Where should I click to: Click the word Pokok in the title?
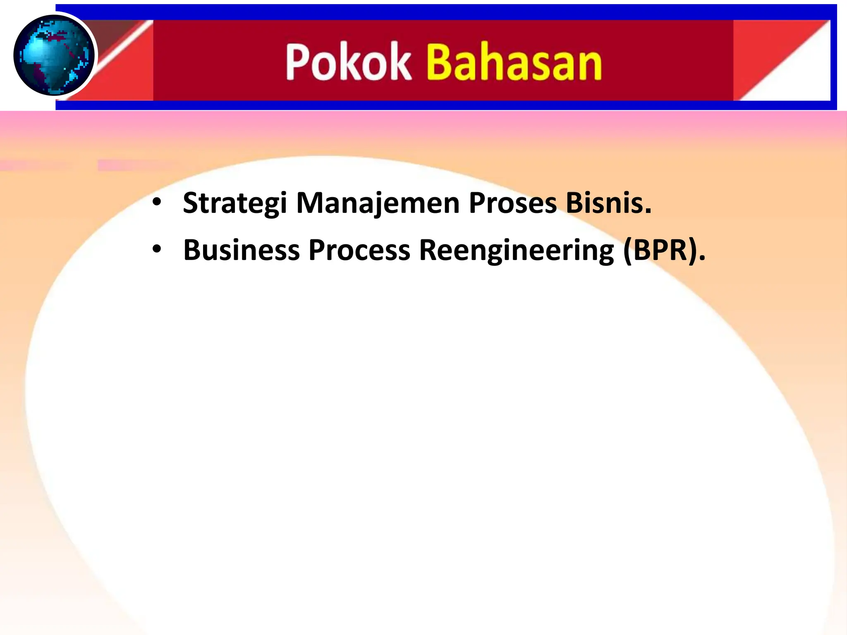pos(348,62)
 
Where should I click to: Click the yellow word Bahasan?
pos(514,62)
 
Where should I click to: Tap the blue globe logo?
pos(54,55)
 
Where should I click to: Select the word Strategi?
pos(234,203)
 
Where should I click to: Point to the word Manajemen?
pos(378,203)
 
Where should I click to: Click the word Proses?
pos(512,203)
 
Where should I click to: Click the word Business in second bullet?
pos(241,250)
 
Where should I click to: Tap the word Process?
pos(359,250)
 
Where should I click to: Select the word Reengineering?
pos(516,250)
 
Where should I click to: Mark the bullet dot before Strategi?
pos(156,203)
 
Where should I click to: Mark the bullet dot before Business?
pos(156,250)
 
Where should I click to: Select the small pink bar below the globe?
pos(132,166)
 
